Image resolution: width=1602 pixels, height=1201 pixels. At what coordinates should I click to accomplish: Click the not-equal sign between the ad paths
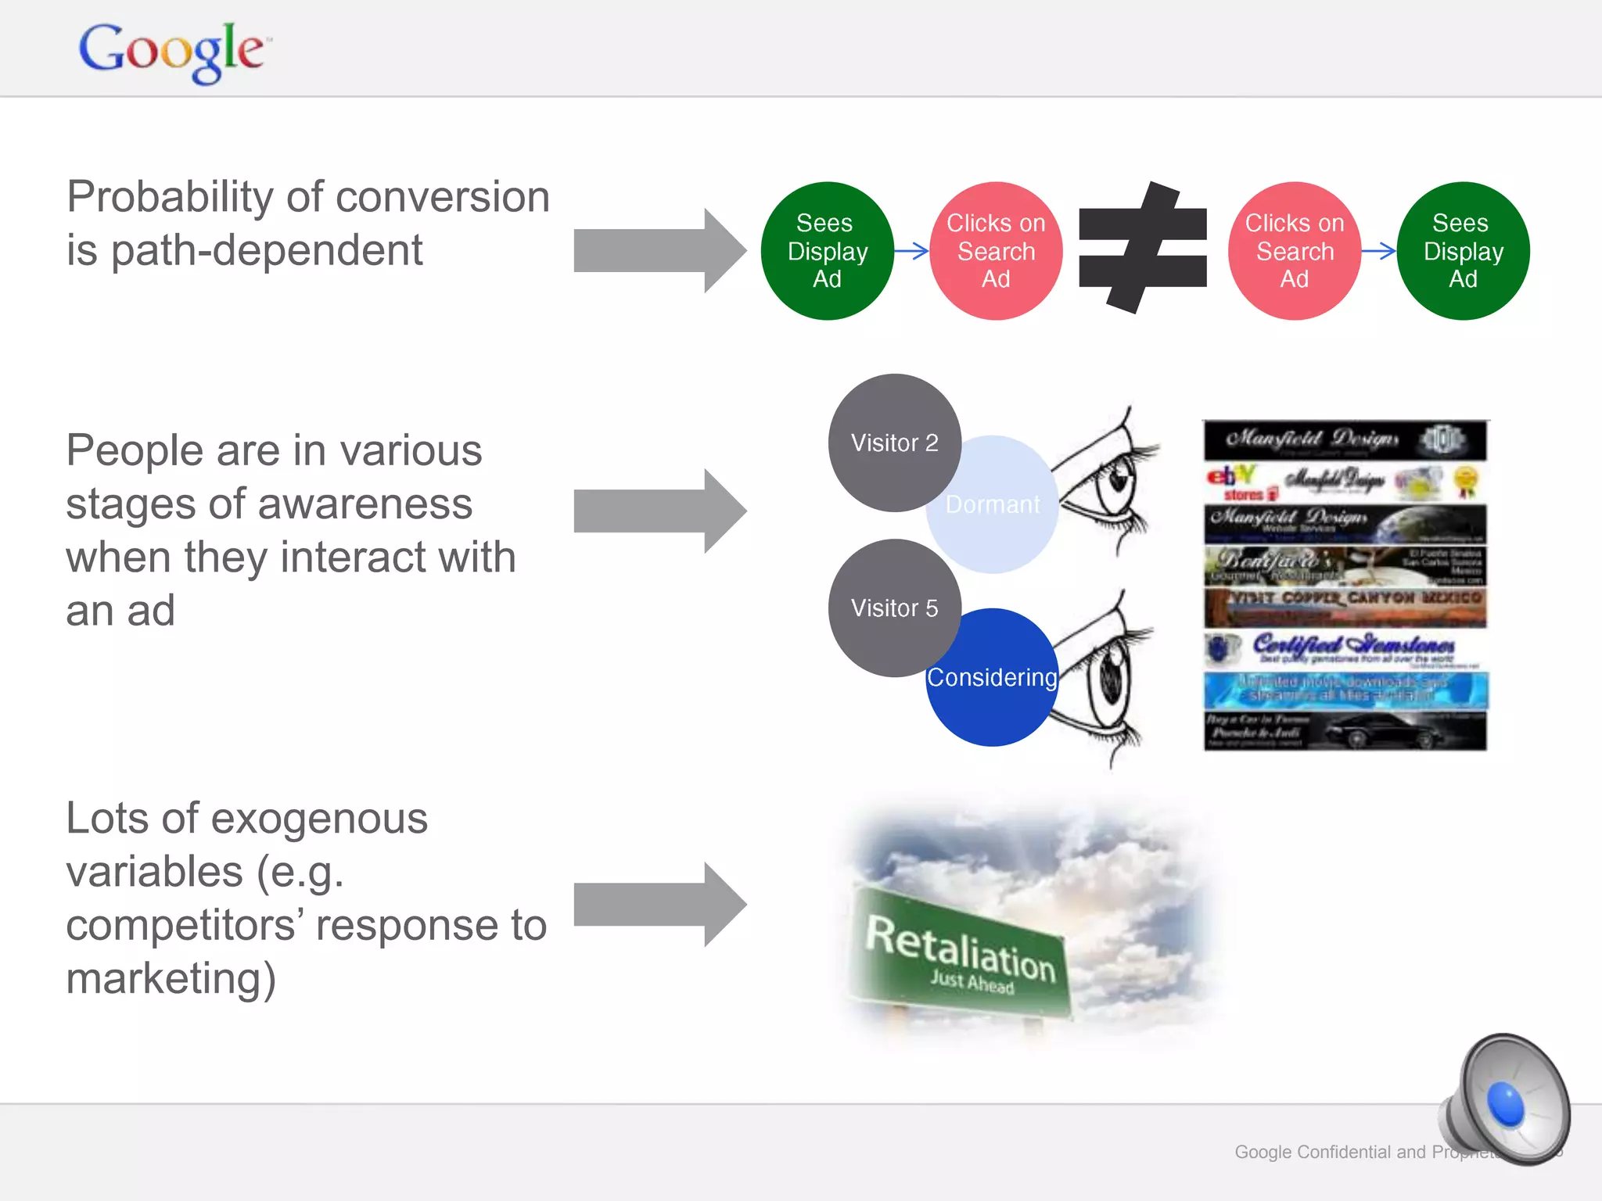[1142, 249]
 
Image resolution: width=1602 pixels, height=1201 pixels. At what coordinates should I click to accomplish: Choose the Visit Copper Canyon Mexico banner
[1345, 607]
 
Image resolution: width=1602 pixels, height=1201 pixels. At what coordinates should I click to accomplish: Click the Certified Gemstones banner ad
[1345, 649]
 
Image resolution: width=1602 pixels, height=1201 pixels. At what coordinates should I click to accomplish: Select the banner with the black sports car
[1345, 731]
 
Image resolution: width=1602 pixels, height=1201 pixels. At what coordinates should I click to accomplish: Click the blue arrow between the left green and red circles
[911, 251]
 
